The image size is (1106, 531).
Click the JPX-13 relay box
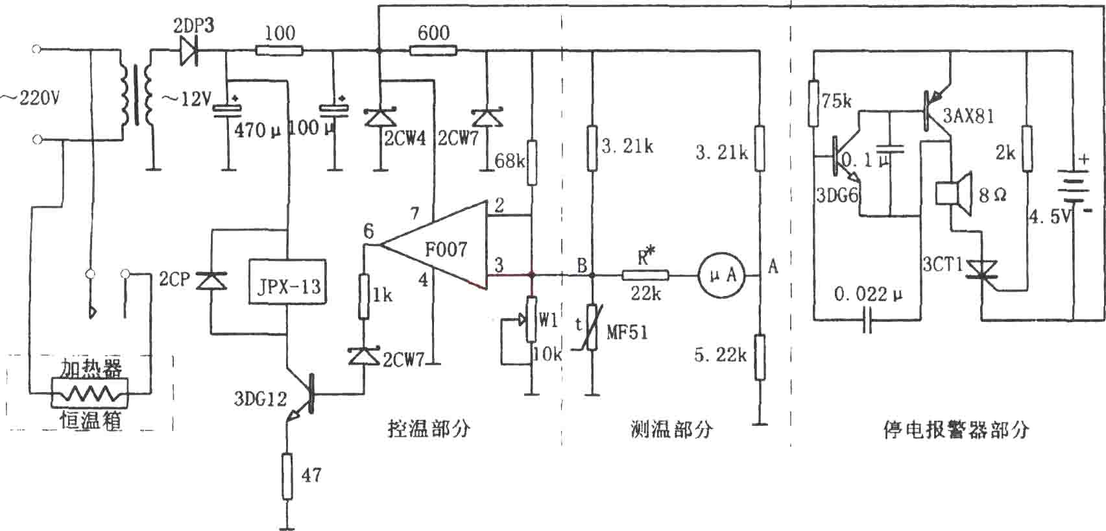pos(287,282)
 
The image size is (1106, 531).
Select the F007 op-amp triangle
pos(435,245)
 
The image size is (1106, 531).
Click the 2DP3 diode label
pos(194,25)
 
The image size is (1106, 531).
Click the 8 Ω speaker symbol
pos(954,193)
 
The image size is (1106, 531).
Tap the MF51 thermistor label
pos(627,332)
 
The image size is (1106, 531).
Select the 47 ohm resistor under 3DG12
pos(287,476)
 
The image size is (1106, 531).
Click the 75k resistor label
pos(836,101)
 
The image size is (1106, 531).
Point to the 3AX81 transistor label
pos(968,116)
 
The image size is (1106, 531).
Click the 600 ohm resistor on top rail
pos(433,50)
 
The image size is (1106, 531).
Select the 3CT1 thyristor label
pos(943,265)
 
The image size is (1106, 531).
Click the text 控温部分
pos(429,428)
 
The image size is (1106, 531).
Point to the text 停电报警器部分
pos(956,430)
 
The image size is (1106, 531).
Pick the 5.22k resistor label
pos(721,354)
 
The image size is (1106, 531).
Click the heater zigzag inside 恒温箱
pos(90,393)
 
